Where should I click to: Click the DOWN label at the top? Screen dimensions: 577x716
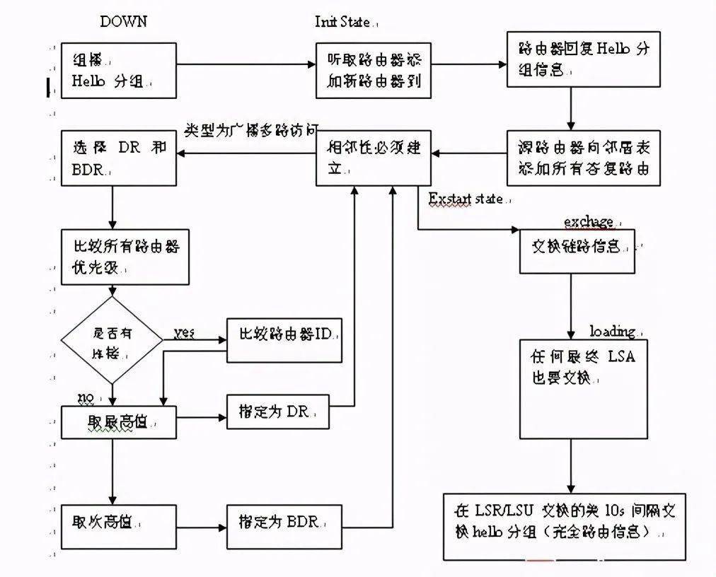click(123, 21)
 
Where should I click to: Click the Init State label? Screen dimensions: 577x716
click(343, 22)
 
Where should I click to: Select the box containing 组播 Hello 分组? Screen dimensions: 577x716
click(118, 70)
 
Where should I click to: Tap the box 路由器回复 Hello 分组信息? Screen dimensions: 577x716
click(583, 59)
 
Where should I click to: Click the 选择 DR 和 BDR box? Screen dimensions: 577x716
click(118, 158)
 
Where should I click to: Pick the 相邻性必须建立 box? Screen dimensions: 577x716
click(373, 158)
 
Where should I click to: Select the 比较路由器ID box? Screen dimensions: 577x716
click(284, 340)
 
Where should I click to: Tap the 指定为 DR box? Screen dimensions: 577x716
click(278, 411)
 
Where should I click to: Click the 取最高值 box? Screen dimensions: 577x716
click(118, 422)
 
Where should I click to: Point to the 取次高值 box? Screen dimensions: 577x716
click(118, 526)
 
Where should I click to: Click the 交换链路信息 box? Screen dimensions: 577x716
click(577, 251)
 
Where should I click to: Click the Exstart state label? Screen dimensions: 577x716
click(466, 199)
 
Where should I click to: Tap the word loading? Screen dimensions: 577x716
click(612, 331)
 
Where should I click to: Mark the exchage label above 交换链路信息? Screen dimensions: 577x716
click(588, 222)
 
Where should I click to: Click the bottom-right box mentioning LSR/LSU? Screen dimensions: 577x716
click(564, 526)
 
